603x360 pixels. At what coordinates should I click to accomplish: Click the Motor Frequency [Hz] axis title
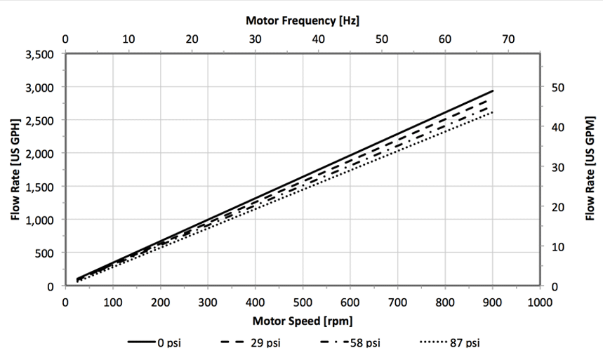click(x=303, y=20)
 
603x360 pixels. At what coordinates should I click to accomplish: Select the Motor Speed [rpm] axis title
click(x=302, y=321)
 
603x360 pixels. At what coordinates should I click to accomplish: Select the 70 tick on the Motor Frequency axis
click(x=508, y=39)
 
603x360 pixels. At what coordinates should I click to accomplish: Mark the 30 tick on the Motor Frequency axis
click(x=255, y=39)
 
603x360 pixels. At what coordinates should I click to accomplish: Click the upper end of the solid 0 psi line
click(x=493, y=91)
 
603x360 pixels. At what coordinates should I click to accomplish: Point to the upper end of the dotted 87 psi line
click(x=493, y=112)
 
